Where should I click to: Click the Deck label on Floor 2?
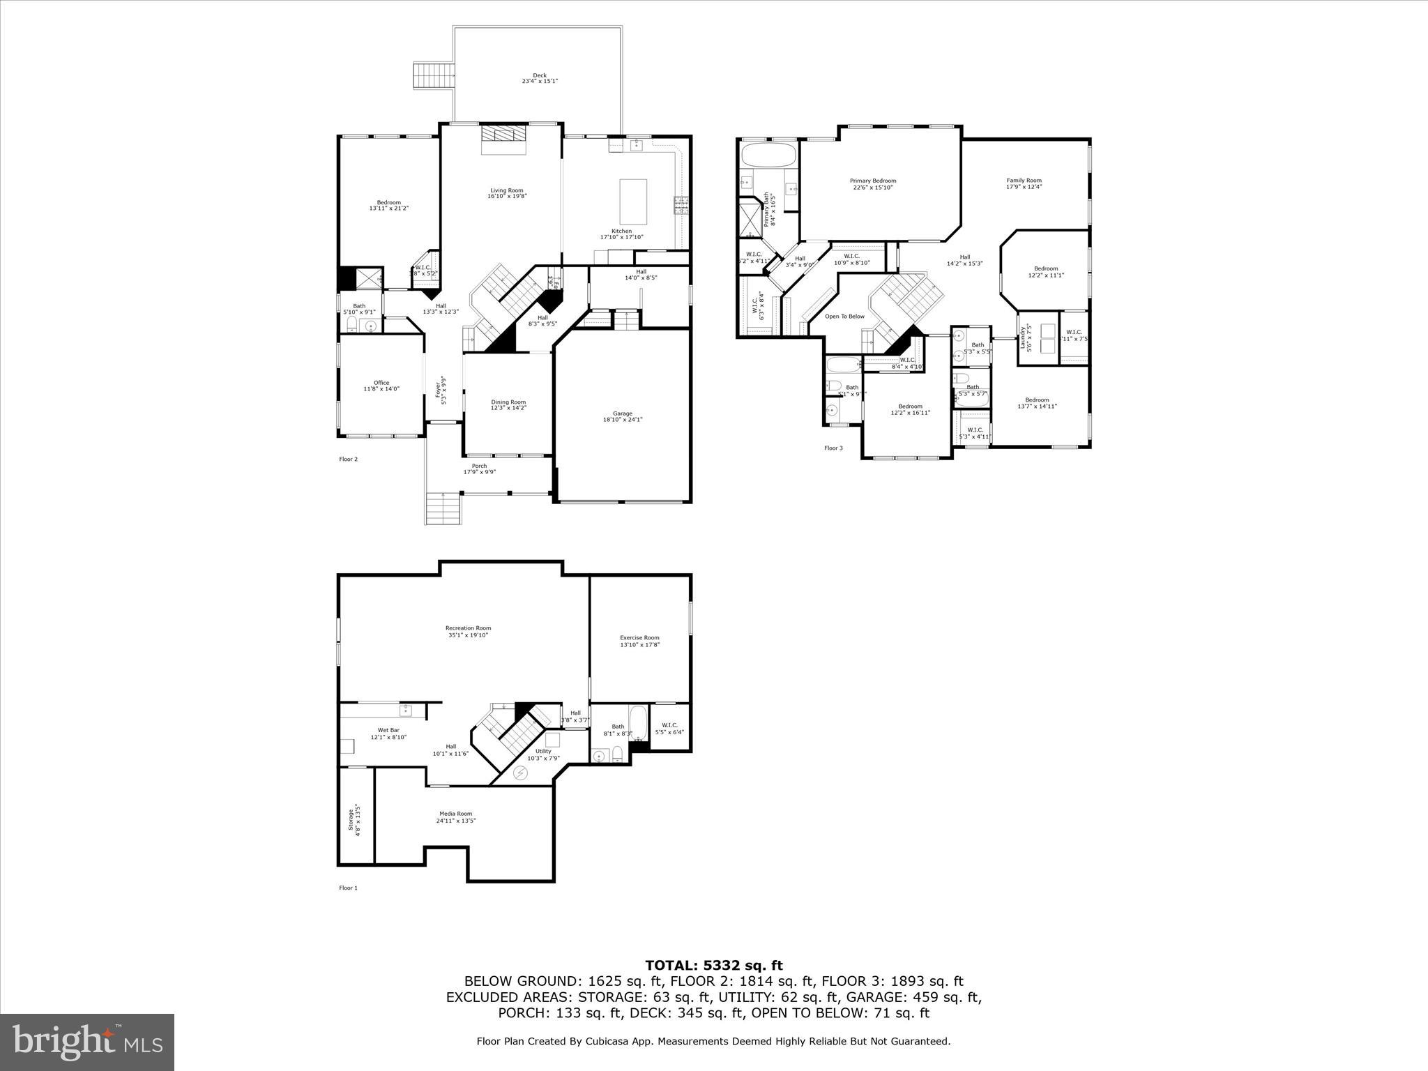click(x=540, y=78)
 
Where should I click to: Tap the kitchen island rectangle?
click(x=633, y=202)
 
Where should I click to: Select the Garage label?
click(x=622, y=416)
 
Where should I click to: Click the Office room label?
click(x=381, y=386)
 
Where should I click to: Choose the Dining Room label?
click(x=508, y=404)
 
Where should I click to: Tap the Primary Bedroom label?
click(x=872, y=183)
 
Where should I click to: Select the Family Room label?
click(x=1024, y=183)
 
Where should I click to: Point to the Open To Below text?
click(x=844, y=317)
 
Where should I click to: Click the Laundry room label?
click(x=1026, y=339)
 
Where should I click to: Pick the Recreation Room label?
click(x=468, y=632)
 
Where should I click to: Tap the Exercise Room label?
click(x=639, y=641)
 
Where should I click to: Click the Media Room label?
click(x=455, y=816)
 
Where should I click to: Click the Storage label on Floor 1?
click(x=354, y=819)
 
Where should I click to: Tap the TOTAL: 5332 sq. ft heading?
click(x=713, y=965)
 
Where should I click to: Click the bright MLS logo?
click(x=87, y=1042)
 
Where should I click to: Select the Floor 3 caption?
click(x=833, y=448)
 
